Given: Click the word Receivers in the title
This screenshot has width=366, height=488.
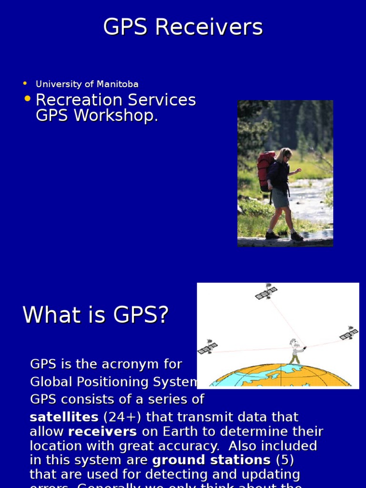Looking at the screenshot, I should (209, 27).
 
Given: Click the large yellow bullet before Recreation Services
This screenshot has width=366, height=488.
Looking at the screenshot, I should (28, 99).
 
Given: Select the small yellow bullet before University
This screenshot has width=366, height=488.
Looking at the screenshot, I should (25, 84).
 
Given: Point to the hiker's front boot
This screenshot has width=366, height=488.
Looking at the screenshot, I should (296, 236).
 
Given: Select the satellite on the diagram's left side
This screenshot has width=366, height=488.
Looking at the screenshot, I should (207, 347).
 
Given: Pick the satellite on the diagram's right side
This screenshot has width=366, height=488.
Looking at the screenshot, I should (349, 333).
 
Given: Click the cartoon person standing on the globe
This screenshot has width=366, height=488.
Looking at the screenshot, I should (295, 352).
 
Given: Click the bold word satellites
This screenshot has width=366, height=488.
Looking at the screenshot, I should (64, 417).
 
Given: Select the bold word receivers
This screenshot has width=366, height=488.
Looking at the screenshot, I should (102, 432).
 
